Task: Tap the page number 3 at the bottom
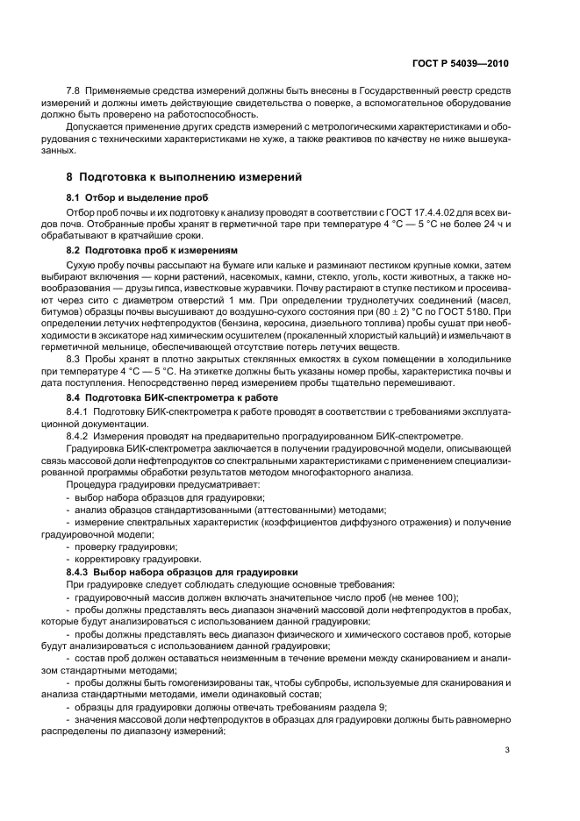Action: pyautogui.click(x=506, y=750)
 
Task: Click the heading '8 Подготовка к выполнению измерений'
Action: pyautogui.click(x=184, y=177)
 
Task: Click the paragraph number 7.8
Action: pyautogui.click(x=74, y=92)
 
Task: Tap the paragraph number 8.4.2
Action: pyautogui.click(x=81, y=436)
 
